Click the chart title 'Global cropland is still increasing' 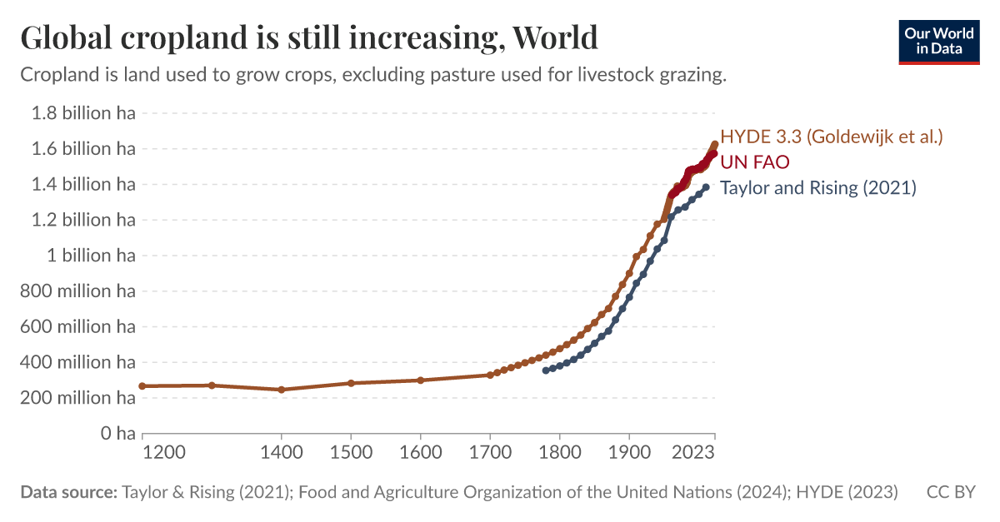308,37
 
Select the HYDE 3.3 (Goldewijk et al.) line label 831,136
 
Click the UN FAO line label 754,162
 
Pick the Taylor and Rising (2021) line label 817,187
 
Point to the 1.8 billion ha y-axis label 82,113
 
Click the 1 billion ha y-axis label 89,256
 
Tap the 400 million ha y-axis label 82,362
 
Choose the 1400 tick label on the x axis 282,452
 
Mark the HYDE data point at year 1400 282,390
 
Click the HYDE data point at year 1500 351,383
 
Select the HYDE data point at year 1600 421,380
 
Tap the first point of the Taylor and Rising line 546,370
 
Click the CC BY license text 950,492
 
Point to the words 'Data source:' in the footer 68,492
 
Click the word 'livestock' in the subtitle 622,75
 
